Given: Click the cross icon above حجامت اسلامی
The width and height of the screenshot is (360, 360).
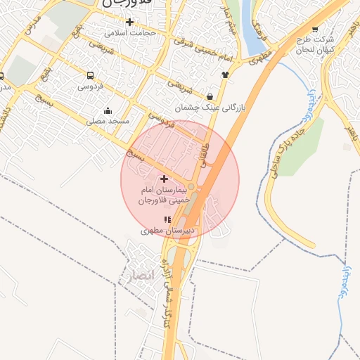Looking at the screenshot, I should [129, 22].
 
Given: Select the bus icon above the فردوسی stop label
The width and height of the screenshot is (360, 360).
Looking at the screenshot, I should [90, 75].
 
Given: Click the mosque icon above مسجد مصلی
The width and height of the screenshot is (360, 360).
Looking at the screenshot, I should [108, 110].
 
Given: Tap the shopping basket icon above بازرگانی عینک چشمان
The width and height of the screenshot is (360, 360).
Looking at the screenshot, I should [211, 96].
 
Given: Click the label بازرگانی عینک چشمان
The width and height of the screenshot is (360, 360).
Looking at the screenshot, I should [212, 108].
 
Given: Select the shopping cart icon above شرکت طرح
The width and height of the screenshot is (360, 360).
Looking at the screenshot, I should [314, 29].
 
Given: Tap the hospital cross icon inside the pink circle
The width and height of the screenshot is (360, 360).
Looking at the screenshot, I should [165, 179].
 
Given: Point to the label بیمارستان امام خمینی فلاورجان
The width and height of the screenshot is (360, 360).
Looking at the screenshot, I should [165, 196].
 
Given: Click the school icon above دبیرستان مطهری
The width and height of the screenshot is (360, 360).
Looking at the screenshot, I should [167, 219].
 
